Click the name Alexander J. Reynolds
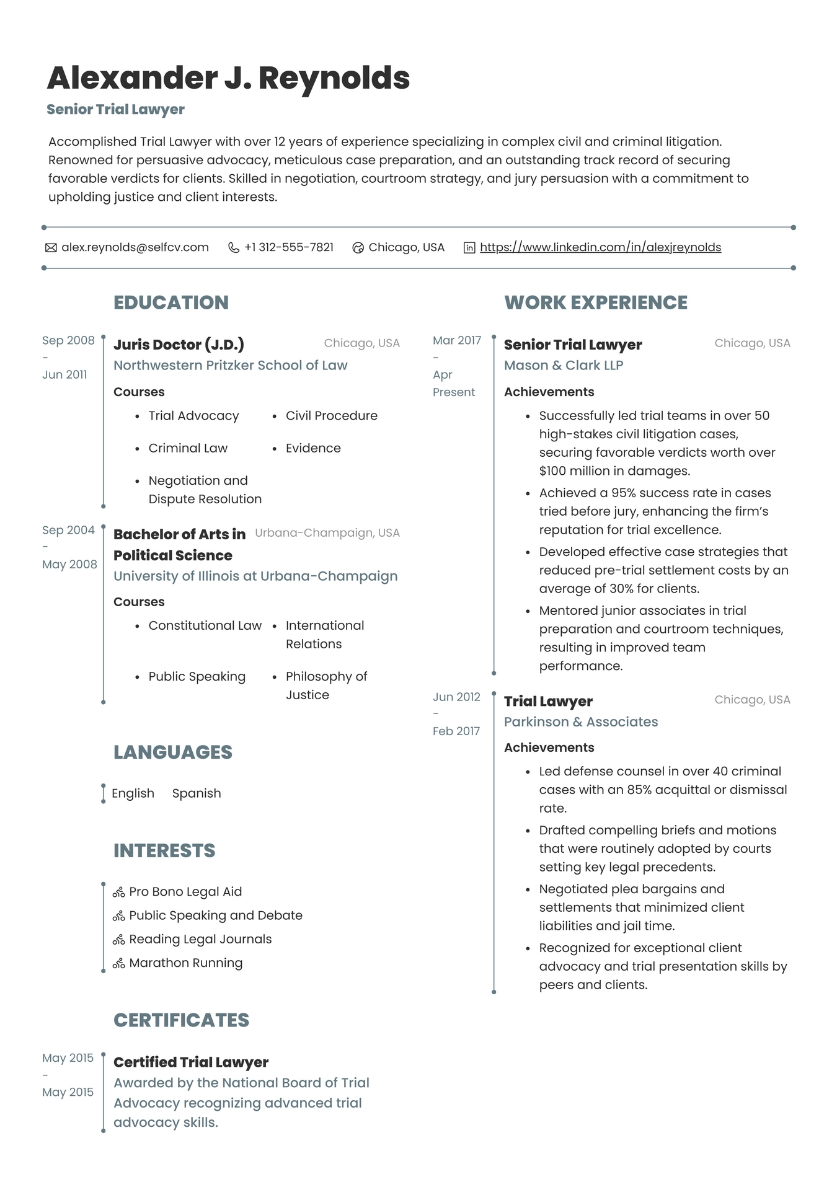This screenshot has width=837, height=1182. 228,78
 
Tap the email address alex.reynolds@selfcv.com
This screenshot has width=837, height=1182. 135,247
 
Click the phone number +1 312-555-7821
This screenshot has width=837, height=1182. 288,247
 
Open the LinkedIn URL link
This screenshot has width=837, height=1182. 600,247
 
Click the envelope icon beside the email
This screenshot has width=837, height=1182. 51,248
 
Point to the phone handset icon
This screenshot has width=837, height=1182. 234,248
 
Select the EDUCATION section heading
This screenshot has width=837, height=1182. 171,302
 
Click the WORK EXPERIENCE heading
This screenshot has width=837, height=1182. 596,302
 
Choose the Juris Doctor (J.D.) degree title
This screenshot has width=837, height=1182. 179,345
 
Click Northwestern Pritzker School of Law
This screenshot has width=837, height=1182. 230,365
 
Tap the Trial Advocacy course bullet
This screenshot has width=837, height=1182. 193,416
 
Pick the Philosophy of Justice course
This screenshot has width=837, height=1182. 326,686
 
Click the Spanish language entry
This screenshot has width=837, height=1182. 197,793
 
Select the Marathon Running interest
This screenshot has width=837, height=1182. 185,963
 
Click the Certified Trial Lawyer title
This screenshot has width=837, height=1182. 191,1062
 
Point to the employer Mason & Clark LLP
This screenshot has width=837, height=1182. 563,365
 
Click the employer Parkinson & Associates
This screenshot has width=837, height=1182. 581,721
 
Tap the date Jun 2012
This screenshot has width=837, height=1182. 456,697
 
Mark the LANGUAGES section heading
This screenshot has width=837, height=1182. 172,752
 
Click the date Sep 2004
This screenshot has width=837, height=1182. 68,530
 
